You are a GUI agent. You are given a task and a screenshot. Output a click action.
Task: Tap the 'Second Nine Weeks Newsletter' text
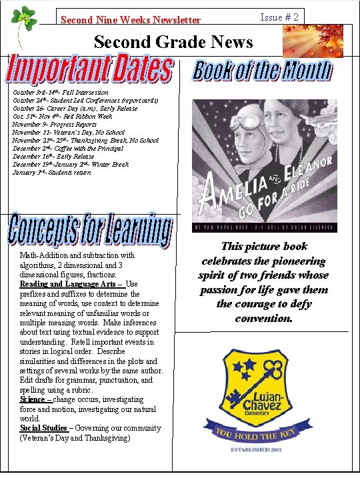[130, 21]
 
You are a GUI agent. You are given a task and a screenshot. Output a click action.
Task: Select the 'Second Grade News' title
[173, 43]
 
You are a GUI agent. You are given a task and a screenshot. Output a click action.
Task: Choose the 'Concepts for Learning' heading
[90, 230]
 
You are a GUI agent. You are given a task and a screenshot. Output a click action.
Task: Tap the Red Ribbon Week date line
[63, 117]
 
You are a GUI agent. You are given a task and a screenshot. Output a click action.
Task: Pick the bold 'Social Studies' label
[43, 428]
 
